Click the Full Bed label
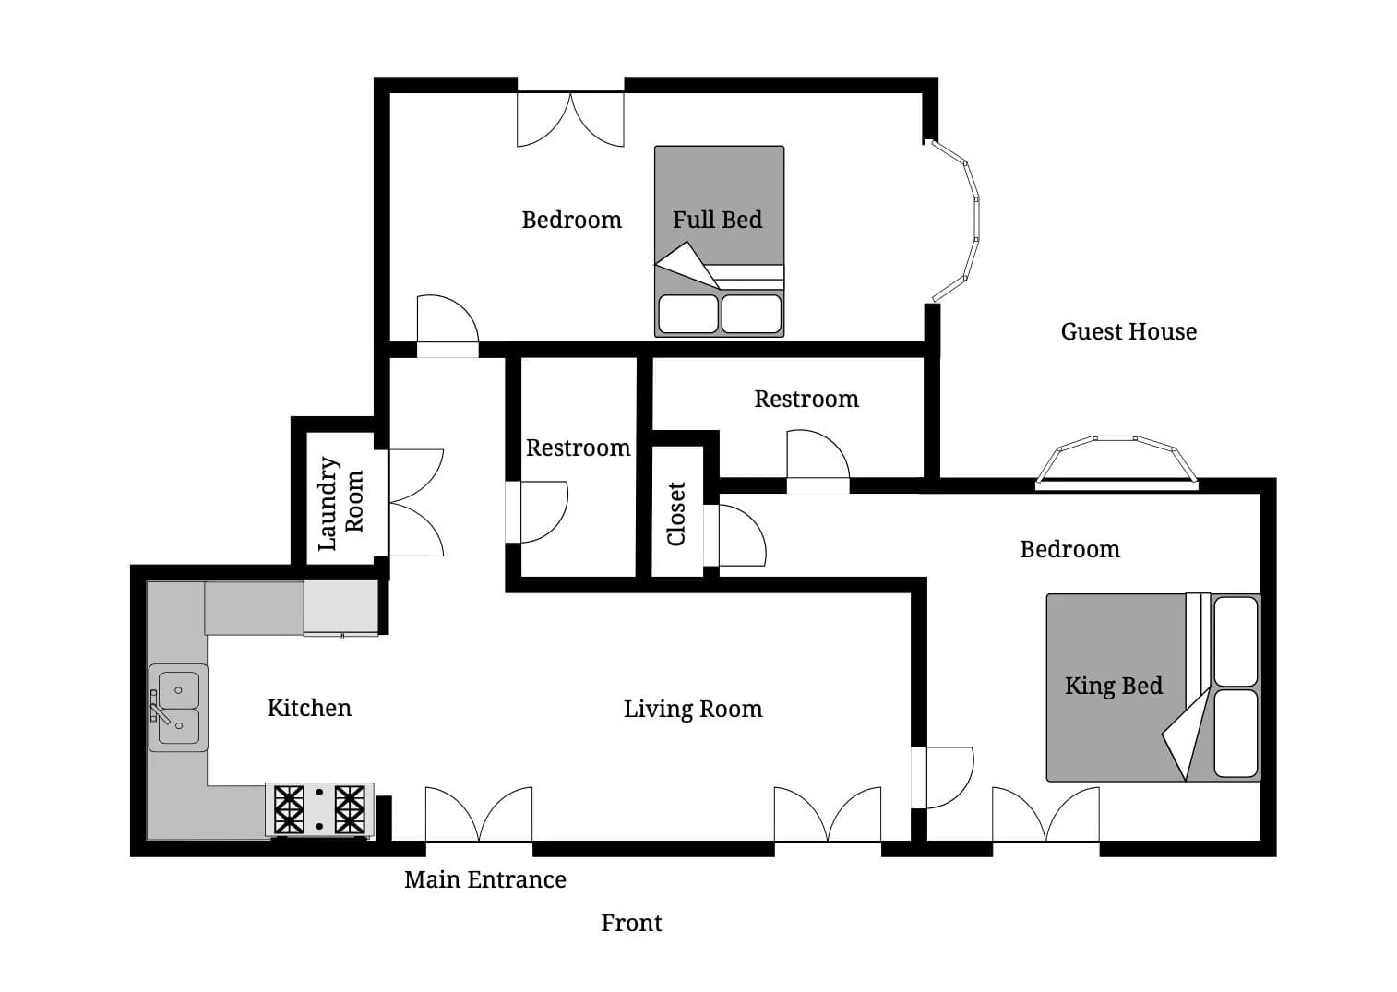(x=717, y=220)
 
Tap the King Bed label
(x=1113, y=686)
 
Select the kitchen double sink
(x=178, y=708)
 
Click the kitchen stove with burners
(x=319, y=809)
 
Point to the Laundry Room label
(x=340, y=503)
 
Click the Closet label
(x=676, y=514)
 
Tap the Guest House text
(x=1128, y=331)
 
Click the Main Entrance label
(x=484, y=879)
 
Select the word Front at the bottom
(x=631, y=923)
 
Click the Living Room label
(x=693, y=709)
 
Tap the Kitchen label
(x=309, y=708)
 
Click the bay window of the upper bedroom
(x=956, y=221)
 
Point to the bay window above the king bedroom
(x=1116, y=460)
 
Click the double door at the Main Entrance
(x=478, y=816)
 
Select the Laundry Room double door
(x=415, y=503)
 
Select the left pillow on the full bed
(x=687, y=314)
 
